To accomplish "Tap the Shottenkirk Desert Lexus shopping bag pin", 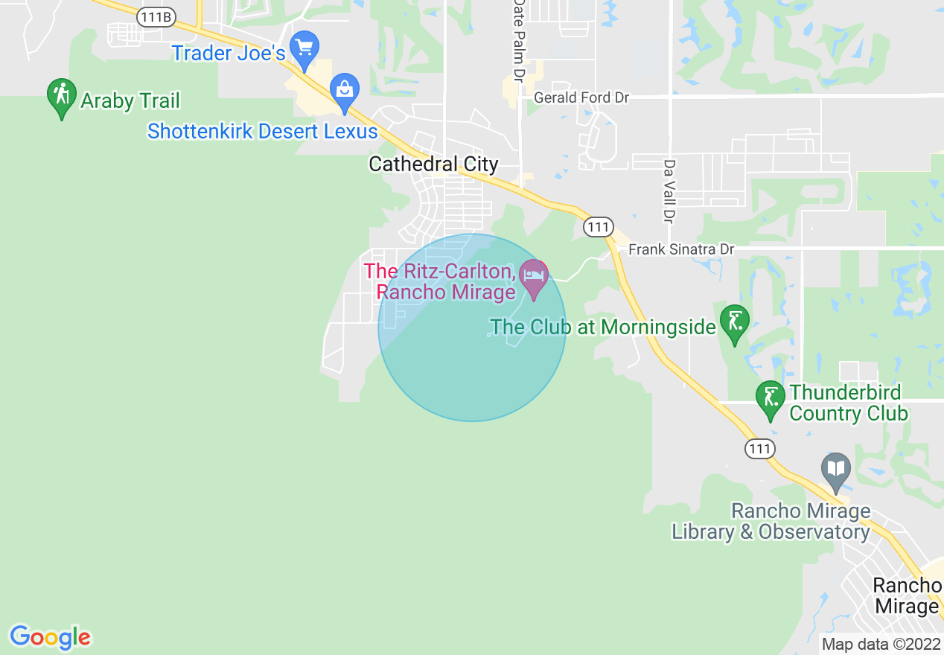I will point(345,91).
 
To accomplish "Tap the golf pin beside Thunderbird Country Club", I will point(771,398).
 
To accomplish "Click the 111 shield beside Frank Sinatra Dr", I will point(598,227).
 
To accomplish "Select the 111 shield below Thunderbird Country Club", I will point(759,448).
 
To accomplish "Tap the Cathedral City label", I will point(433,164).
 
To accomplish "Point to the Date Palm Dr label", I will point(519,41).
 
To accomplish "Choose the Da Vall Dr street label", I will point(669,191).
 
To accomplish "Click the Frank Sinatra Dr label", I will point(681,249).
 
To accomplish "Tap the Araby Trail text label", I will point(130,100).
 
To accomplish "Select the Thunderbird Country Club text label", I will point(848,403).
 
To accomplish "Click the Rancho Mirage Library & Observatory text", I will point(771,522).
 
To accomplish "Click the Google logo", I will point(51,637).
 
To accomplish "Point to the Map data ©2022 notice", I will point(880,644).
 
